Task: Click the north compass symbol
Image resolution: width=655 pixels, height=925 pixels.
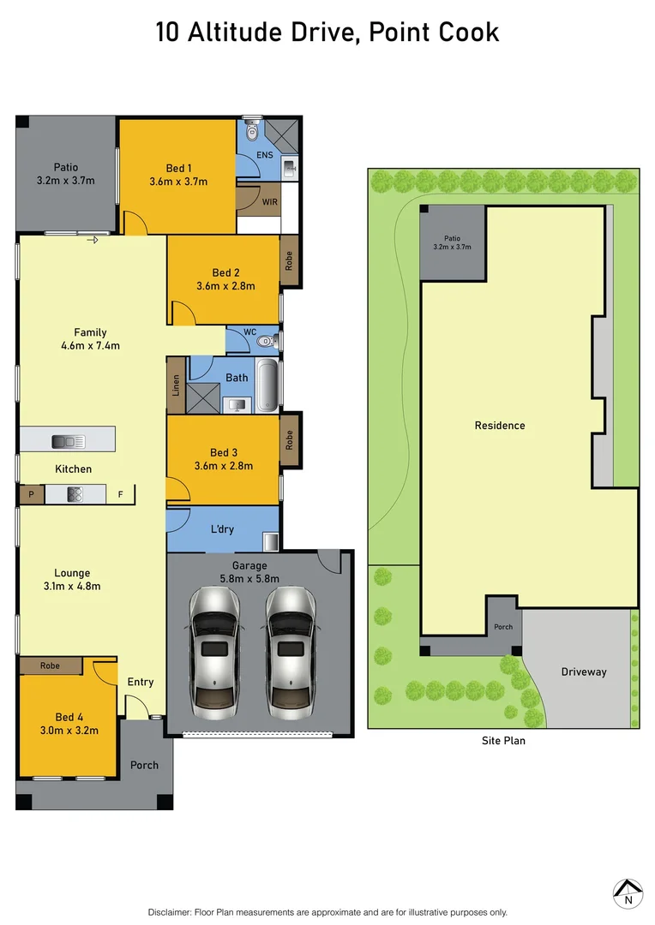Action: click(x=628, y=892)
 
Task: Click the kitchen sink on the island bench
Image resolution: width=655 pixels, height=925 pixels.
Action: click(x=68, y=441)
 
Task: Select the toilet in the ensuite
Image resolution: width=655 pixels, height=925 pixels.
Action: click(x=251, y=130)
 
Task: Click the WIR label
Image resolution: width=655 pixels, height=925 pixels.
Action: click(x=270, y=202)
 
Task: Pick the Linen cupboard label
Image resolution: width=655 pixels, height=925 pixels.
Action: click(x=177, y=385)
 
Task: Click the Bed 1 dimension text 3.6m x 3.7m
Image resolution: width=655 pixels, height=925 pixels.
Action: click(x=178, y=182)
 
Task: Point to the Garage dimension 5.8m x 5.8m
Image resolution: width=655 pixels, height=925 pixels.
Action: click(x=249, y=579)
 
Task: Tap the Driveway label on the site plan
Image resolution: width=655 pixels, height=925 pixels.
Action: click(x=584, y=672)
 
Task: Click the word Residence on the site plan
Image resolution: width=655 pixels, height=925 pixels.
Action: click(x=500, y=426)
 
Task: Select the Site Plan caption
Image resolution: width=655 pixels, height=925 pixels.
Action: click(x=503, y=741)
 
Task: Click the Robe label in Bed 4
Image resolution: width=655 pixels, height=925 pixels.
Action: click(x=50, y=665)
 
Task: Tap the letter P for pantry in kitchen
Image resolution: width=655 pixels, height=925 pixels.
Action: click(x=31, y=495)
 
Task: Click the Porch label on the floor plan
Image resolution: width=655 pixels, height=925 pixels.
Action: click(x=144, y=765)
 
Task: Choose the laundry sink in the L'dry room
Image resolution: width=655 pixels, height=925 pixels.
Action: click(x=270, y=541)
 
